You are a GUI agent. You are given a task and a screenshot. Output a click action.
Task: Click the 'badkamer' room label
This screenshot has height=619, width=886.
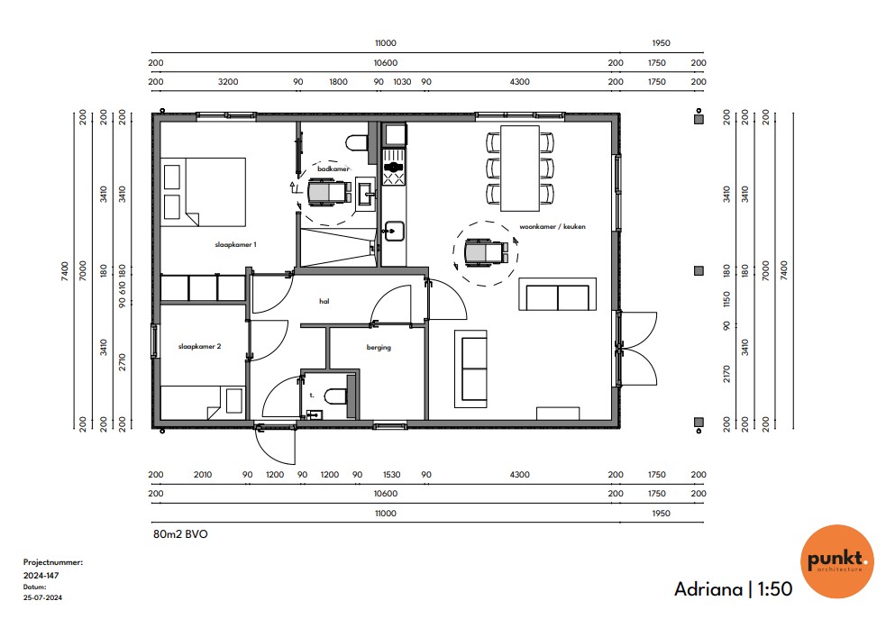point(333,168)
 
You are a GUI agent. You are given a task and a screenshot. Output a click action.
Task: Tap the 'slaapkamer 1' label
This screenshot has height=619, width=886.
point(235,244)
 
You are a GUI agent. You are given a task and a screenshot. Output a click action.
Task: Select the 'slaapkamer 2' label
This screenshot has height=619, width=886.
point(199,346)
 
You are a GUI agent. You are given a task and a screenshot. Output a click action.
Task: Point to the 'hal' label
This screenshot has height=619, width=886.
point(324,301)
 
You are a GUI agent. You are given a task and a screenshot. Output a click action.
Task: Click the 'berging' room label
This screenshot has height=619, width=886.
point(379,347)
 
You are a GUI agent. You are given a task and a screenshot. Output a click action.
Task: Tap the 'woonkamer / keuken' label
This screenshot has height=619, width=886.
point(553,226)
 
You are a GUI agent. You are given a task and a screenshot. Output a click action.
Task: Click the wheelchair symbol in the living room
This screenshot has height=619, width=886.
point(486,252)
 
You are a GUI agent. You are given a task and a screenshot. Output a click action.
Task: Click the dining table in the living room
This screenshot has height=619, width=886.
point(520,168)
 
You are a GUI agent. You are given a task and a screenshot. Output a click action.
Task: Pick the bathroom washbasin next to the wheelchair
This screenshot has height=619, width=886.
point(366,195)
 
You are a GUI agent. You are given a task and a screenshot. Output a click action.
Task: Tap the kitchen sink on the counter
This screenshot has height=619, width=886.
point(394,231)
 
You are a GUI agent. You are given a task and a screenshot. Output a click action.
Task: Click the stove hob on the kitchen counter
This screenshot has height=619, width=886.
point(394,167)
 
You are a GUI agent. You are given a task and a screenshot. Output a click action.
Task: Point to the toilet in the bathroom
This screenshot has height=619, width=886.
point(356,142)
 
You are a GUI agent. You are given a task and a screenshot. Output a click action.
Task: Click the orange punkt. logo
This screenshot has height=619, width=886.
point(837,560)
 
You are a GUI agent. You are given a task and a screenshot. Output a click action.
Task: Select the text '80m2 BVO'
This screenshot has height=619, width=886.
point(180,534)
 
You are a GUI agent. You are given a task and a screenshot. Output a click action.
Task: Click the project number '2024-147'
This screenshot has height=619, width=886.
point(41,576)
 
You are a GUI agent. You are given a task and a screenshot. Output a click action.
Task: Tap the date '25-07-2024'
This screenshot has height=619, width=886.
point(42,597)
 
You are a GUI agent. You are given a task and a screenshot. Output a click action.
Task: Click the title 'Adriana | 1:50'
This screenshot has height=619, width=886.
point(733,589)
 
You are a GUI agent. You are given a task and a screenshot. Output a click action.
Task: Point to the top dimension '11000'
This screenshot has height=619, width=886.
point(386,43)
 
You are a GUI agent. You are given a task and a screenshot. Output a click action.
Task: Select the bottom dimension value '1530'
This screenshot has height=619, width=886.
point(391,475)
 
